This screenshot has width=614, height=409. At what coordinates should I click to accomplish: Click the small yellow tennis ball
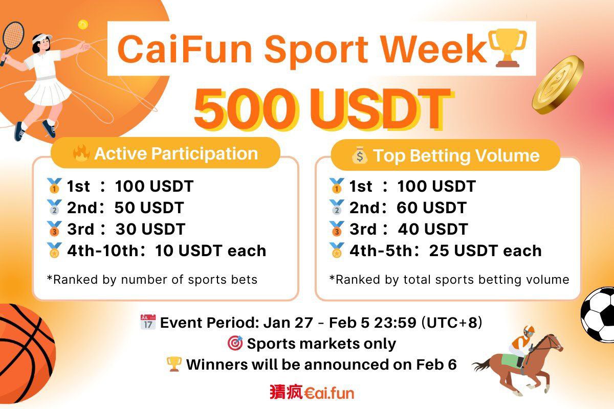pyautogui.click(x=83, y=24)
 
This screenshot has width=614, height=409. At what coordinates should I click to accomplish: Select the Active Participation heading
pyautogui.click(x=176, y=153)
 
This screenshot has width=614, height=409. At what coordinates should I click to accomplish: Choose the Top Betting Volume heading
pyautogui.click(x=456, y=155)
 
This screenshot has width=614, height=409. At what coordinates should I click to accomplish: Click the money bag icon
pyautogui.click(x=360, y=155)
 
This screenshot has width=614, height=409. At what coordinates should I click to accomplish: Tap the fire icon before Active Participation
pyautogui.click(x=81, y=153)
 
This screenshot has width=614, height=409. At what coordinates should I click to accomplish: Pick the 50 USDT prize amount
pyautogui.click(x=149, y=208)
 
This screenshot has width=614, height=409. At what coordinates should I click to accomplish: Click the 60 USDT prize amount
pyautogui.click(x=431, y=208)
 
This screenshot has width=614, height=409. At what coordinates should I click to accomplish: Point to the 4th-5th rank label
pyautogui.click(x=382, y=251)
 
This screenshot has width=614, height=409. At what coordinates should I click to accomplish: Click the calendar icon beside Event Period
pyautogui.click(x=147, y=323)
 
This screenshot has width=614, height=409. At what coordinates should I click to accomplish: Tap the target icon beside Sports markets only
pyautogui.click(x=234, y=344)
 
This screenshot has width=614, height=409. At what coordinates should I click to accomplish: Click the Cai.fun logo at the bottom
pyautogui.click(x=312, y=392)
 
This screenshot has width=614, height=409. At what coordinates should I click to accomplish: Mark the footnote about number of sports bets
pyautogui.click(x=152, y=279)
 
